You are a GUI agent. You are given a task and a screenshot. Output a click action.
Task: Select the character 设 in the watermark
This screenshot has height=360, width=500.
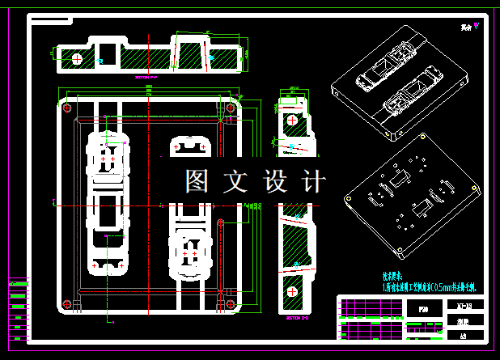pos(275,181)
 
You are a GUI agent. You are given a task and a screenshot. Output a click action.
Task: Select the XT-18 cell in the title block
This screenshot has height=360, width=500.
pos(464,304)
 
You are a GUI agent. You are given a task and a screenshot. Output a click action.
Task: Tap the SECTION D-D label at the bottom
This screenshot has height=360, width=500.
pos(298,318)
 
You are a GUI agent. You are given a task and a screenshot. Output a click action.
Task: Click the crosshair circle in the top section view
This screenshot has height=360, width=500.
pos(77,58)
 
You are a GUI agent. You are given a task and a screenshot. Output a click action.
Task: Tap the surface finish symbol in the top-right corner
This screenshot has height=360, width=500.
pos(476,26)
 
